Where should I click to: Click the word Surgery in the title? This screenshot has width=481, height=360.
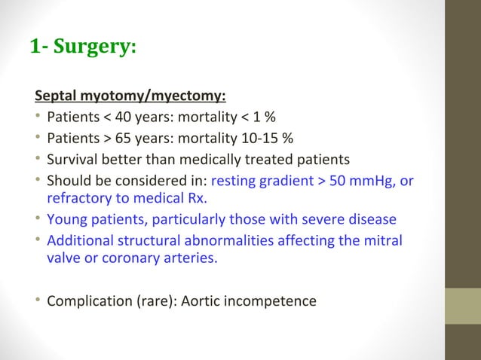click(x=95, y=47)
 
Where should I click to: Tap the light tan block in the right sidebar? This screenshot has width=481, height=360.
click(x=462, y=307)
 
